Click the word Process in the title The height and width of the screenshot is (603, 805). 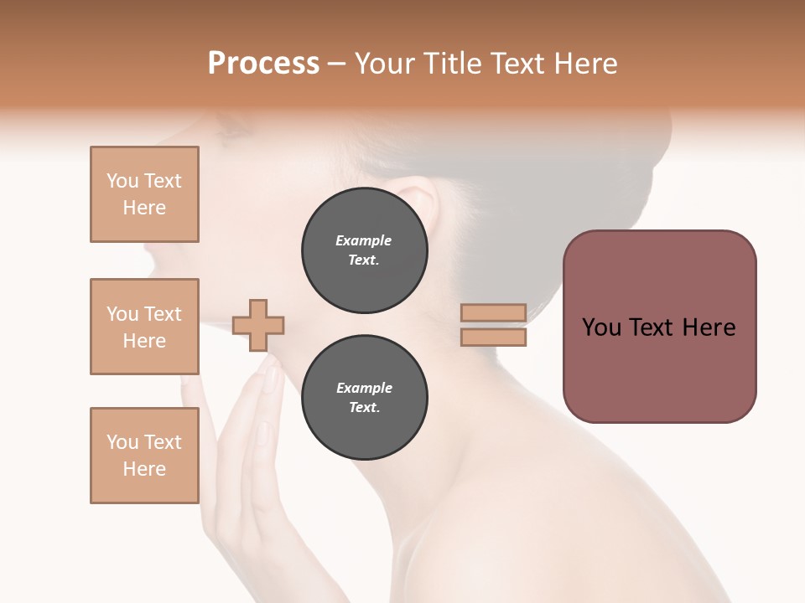coord(263,64)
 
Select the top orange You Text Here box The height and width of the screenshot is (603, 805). coord(144,194)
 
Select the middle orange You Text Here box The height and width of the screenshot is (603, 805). coord(144,327)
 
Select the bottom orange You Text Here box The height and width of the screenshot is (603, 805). coord(144,456)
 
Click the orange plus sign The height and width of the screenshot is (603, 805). coord(258,325)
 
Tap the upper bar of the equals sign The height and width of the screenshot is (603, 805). coord(494,312)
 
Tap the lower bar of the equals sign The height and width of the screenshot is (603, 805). coord(494,338)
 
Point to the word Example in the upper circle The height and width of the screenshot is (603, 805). coord(364,241)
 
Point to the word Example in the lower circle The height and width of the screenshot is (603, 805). coord(364,389)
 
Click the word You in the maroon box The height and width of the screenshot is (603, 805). coord(600,327)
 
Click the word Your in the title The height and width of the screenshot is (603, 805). coord(387,64)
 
